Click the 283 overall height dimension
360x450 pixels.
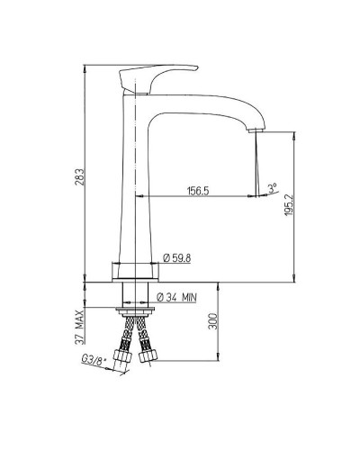point(81,177)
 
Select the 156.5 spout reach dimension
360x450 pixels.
point(198,191)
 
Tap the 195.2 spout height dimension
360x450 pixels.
point(288,205)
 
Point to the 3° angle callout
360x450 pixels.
point(273,188)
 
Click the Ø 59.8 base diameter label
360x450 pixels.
point(176,257)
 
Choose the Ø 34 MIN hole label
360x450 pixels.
point(176,297)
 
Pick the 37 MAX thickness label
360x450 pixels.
point(79,326)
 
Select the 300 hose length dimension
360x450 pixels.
point(212,321)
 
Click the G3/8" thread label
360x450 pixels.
point(94,360)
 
